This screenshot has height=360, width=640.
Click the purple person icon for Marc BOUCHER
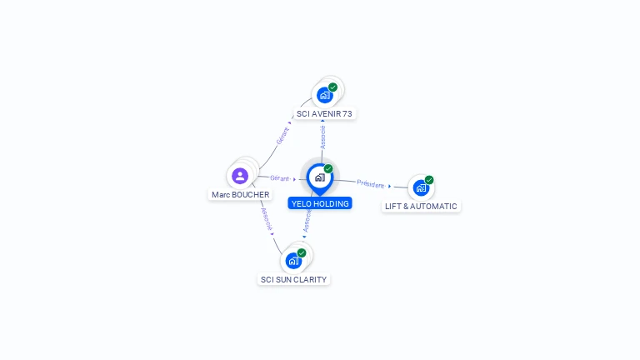click(x=240, y=176)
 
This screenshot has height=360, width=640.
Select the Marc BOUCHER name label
click(x=240, y=195)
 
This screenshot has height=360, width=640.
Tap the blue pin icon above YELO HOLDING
click(x=320, y=179)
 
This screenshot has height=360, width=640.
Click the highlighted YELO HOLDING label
click(x=320, y=203)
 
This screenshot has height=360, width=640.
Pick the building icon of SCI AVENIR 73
click(x=324, y=95)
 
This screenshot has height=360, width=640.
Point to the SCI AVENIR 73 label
click(x=324, y=114)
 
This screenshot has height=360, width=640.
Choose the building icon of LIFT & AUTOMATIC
click(x=421, y=187)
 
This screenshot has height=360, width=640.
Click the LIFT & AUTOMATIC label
click(x=421, y=206)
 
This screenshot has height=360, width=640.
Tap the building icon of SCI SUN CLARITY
click(x=293, y=261)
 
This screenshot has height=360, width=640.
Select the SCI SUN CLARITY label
click(x=293, y=280)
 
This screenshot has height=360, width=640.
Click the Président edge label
click(x=371, y=184)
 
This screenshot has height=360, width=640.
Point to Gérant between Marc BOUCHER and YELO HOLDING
click(x=280, y=178)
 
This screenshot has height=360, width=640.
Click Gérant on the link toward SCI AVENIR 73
click(x=282, y=136)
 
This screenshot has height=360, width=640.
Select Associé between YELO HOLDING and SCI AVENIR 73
click(x=322, y=137)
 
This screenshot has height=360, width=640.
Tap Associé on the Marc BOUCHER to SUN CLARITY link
click(x=266, y=219)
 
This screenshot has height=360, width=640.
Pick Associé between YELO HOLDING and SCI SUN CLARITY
click(x=307, y=221)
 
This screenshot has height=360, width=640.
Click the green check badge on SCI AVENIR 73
click(x=332, y=87)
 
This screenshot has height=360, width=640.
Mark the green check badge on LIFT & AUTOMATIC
click(x=429, y=180)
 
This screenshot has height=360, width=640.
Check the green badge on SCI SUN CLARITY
click(x=302, y=252)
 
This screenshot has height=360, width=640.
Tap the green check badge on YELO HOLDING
click(x=328, y=168)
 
